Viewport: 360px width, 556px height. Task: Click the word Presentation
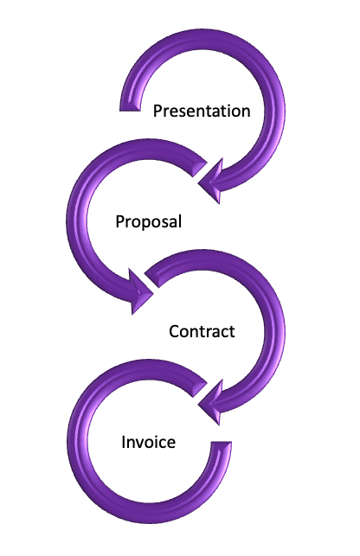tap(202, 111)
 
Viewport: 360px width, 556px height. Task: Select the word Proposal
tap(148, 222)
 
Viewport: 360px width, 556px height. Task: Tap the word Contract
tap(202, 331)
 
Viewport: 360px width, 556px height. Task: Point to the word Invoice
tap(148, 442)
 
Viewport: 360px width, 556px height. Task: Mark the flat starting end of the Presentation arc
tap(130, 106)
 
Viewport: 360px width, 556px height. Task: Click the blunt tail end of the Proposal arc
tap(199, 168)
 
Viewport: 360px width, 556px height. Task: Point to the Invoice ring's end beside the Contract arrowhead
tap(199, 388)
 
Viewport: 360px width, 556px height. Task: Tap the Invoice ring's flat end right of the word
tap(221, 445)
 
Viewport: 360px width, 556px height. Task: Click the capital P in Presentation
tap(157, 111)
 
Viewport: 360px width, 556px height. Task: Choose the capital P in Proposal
tap(120, 221)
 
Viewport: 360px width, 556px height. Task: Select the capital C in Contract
tap(174, 331)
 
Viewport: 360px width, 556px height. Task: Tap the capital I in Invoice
tap(123, 442)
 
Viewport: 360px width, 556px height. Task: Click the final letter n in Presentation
tap(246, 112)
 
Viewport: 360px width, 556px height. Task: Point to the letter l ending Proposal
tap(180, 220)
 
